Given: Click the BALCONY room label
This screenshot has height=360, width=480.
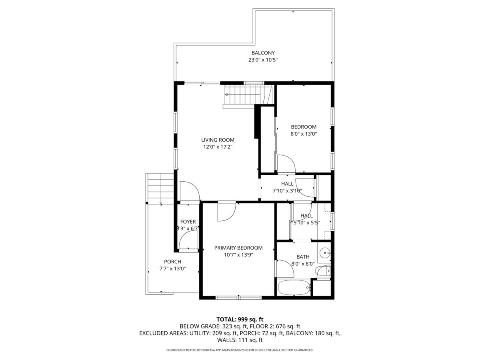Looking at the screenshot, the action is (263, 53).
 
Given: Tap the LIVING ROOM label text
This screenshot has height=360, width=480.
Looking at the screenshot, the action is (218, 140).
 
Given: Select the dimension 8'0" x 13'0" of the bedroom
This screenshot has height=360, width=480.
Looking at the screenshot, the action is (304, 134).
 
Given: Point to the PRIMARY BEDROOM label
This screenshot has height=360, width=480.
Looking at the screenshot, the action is (238, 248).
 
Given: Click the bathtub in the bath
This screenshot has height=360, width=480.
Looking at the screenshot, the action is (294, 288).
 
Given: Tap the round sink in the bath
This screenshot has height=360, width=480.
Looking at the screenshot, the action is (325, 253).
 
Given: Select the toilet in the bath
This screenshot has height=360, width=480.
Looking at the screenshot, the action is (323, 272).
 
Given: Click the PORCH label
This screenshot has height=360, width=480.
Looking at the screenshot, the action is (172, 262).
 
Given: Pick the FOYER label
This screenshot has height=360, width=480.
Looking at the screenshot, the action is (188, 222).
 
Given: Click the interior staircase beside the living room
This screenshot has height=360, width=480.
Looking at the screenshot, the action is (248, 95).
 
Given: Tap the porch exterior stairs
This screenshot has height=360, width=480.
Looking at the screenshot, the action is (161, 189).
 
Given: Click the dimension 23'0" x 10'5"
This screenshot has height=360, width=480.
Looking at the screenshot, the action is (263, 60).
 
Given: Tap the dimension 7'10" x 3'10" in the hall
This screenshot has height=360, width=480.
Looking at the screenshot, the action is (287, 191).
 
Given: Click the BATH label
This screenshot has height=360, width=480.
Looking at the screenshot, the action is (303, 257).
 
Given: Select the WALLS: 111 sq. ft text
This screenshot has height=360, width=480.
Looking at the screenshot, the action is (240, 340).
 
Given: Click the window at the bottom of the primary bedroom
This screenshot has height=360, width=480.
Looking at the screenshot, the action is (238, 297).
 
